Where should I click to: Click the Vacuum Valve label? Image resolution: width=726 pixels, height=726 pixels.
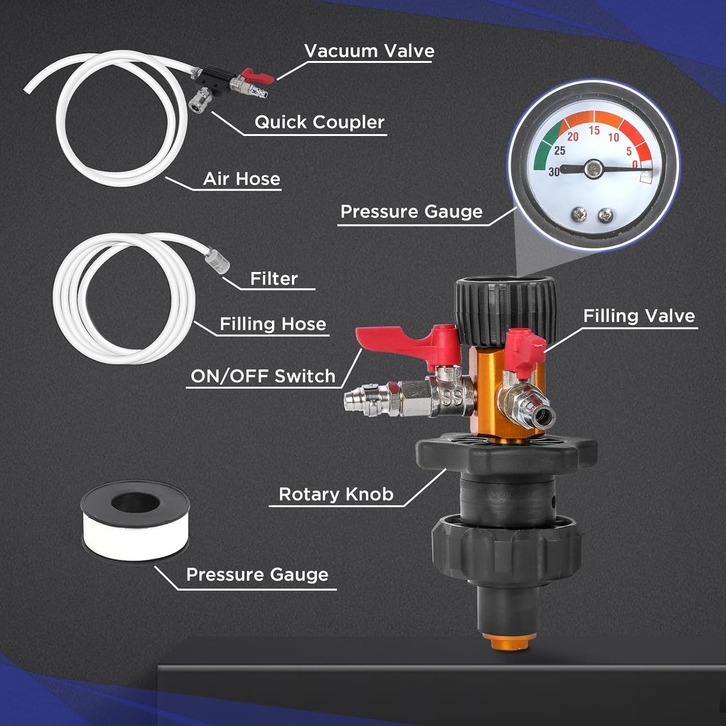[369, 51]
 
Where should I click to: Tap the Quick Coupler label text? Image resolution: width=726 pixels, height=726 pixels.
[319, 122]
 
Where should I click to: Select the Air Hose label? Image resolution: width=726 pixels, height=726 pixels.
[242, 179]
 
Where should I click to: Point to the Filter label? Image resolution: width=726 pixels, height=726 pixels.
[273, 279]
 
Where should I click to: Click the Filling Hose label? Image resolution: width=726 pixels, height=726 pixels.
[272, 324]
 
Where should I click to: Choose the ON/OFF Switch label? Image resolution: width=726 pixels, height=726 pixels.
[263, 376]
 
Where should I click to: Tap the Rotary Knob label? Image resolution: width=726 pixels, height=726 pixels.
[336, 495]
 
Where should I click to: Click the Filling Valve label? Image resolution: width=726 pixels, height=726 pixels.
[639, 316]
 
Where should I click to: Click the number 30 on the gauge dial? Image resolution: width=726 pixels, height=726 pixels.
[554, 172]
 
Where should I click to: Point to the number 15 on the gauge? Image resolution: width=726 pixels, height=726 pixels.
[594, 131]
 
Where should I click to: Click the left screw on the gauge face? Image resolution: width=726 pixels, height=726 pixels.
[578, 213]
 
